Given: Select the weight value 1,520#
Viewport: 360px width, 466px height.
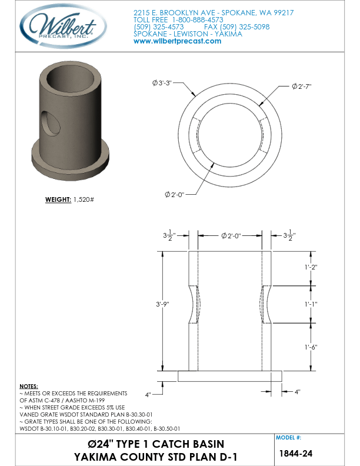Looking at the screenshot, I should pyautogui.click(x=84, y=199).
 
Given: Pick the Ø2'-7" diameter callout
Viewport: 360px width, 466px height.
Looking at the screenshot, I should pyautogui.click(x=301, y=86).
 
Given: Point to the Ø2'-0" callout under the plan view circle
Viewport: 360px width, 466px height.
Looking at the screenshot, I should pyautogui.click(x=175, y=194).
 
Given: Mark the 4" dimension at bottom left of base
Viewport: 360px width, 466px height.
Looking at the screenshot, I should pyautogui.click(x=150, y=392).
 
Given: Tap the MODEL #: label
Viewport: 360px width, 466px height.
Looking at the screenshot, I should pyautogui.click(x=289, y=438).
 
